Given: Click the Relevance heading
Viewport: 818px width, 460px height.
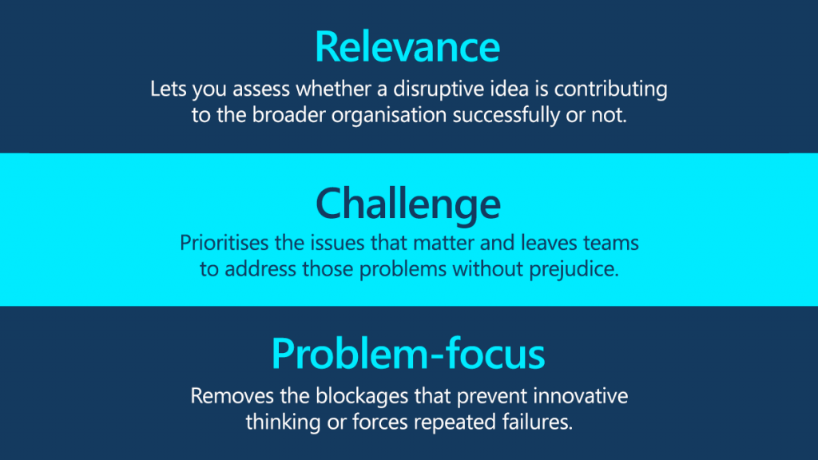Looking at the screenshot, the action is (x=407, y=47).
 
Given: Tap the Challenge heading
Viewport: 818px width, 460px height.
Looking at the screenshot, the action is (x=408, y=204).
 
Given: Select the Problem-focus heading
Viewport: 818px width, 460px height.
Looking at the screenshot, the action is (x=408, y=354).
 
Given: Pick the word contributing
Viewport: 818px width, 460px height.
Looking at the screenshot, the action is (x=610, y=89).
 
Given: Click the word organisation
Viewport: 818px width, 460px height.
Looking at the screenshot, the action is (x=389, y=115).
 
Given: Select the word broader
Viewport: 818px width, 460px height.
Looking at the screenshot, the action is (x=289, y=115).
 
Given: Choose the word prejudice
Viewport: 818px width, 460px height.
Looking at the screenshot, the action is (x=574, y=270).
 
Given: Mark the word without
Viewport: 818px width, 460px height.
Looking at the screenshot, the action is (x=488, y=269).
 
